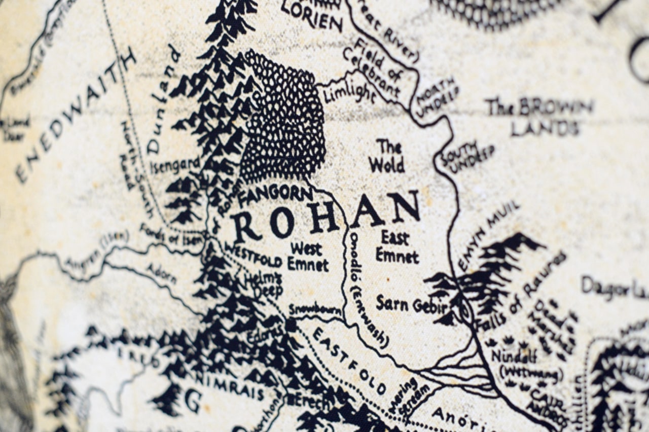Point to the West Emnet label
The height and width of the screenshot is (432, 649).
tap(307, 257)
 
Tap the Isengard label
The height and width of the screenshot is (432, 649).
tap(175, 165)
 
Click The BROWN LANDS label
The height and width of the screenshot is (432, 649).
tap(540, 117)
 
